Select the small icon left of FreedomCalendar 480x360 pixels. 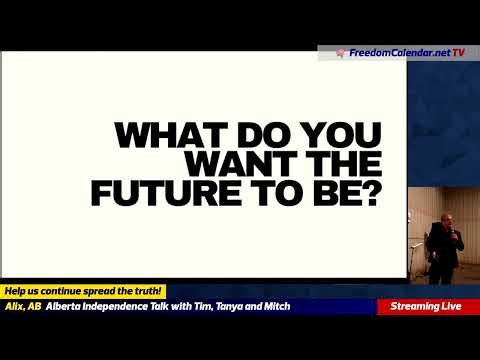coord(340,51)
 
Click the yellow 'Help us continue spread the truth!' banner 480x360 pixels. coord(84,290)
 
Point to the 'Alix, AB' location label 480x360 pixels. coord(22,306)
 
